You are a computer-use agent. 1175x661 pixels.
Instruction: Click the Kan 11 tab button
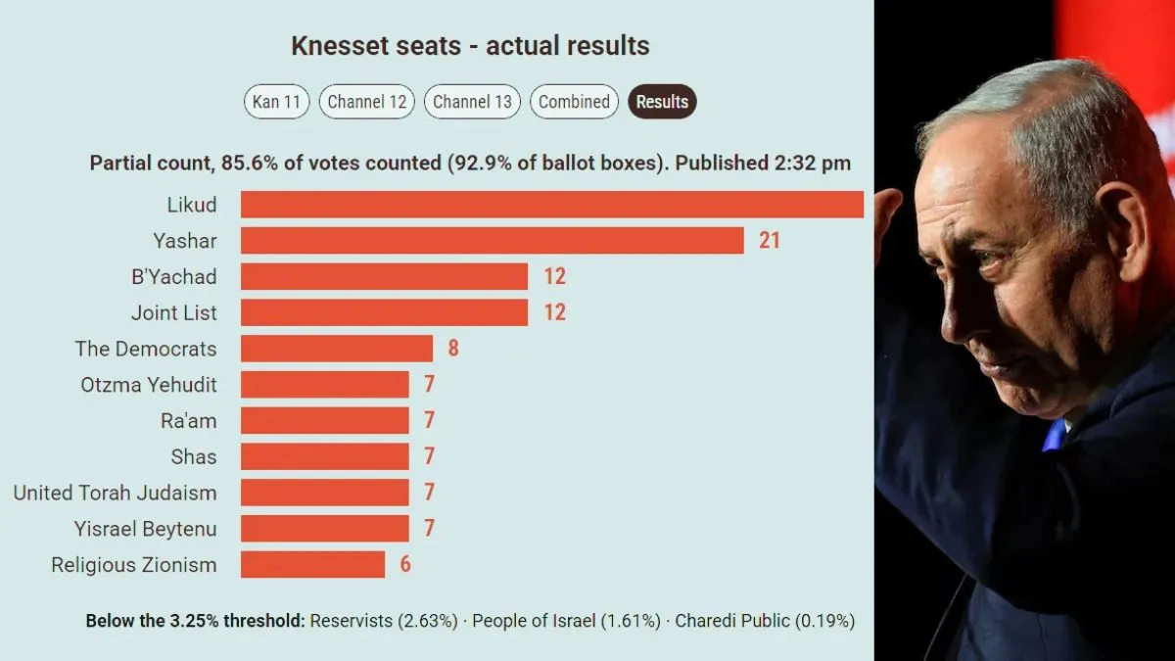[276, 101]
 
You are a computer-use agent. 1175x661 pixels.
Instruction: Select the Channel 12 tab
[366, 101]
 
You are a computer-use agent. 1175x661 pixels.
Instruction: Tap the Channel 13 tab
[472, 101]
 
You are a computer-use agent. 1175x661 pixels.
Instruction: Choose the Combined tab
[574, 101]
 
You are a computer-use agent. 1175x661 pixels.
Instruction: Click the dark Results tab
[662, 101]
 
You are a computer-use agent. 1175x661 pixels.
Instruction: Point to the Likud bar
[552, 204]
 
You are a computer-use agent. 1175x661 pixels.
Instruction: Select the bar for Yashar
[492, 240]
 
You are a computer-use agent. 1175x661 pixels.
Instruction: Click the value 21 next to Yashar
[769, 240]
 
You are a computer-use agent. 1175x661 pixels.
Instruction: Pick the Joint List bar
[384, 312]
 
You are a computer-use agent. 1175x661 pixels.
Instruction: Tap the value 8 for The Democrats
[453, 349]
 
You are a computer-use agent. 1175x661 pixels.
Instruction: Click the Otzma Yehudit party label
[149, 385]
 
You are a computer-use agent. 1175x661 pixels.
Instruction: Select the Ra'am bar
[325, 420]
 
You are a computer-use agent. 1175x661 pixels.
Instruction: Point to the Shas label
[194, 456]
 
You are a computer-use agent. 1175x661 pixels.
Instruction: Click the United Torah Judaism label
[115, 493]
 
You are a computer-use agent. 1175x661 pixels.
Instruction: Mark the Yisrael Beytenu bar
[325, 528]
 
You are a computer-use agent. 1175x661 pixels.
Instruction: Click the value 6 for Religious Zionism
[405, 564]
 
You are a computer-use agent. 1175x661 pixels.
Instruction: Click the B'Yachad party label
[174, 276]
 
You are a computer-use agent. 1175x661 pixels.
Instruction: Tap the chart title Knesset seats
[376, 46]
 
